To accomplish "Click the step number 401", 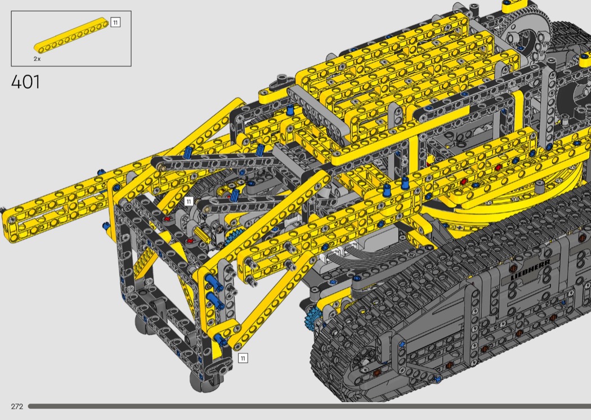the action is [25, 82].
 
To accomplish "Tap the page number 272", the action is [17, 406].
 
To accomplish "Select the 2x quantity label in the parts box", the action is [37, 59].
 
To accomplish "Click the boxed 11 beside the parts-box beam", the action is [115, 23].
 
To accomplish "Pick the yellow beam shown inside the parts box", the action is [71, 35].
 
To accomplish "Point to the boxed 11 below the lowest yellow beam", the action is [243, 358].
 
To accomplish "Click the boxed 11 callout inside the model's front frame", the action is [189, 202].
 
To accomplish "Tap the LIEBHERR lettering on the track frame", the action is [530, 269].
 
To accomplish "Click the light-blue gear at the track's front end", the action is [312, 318].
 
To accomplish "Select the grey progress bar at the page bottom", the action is [310, 406].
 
